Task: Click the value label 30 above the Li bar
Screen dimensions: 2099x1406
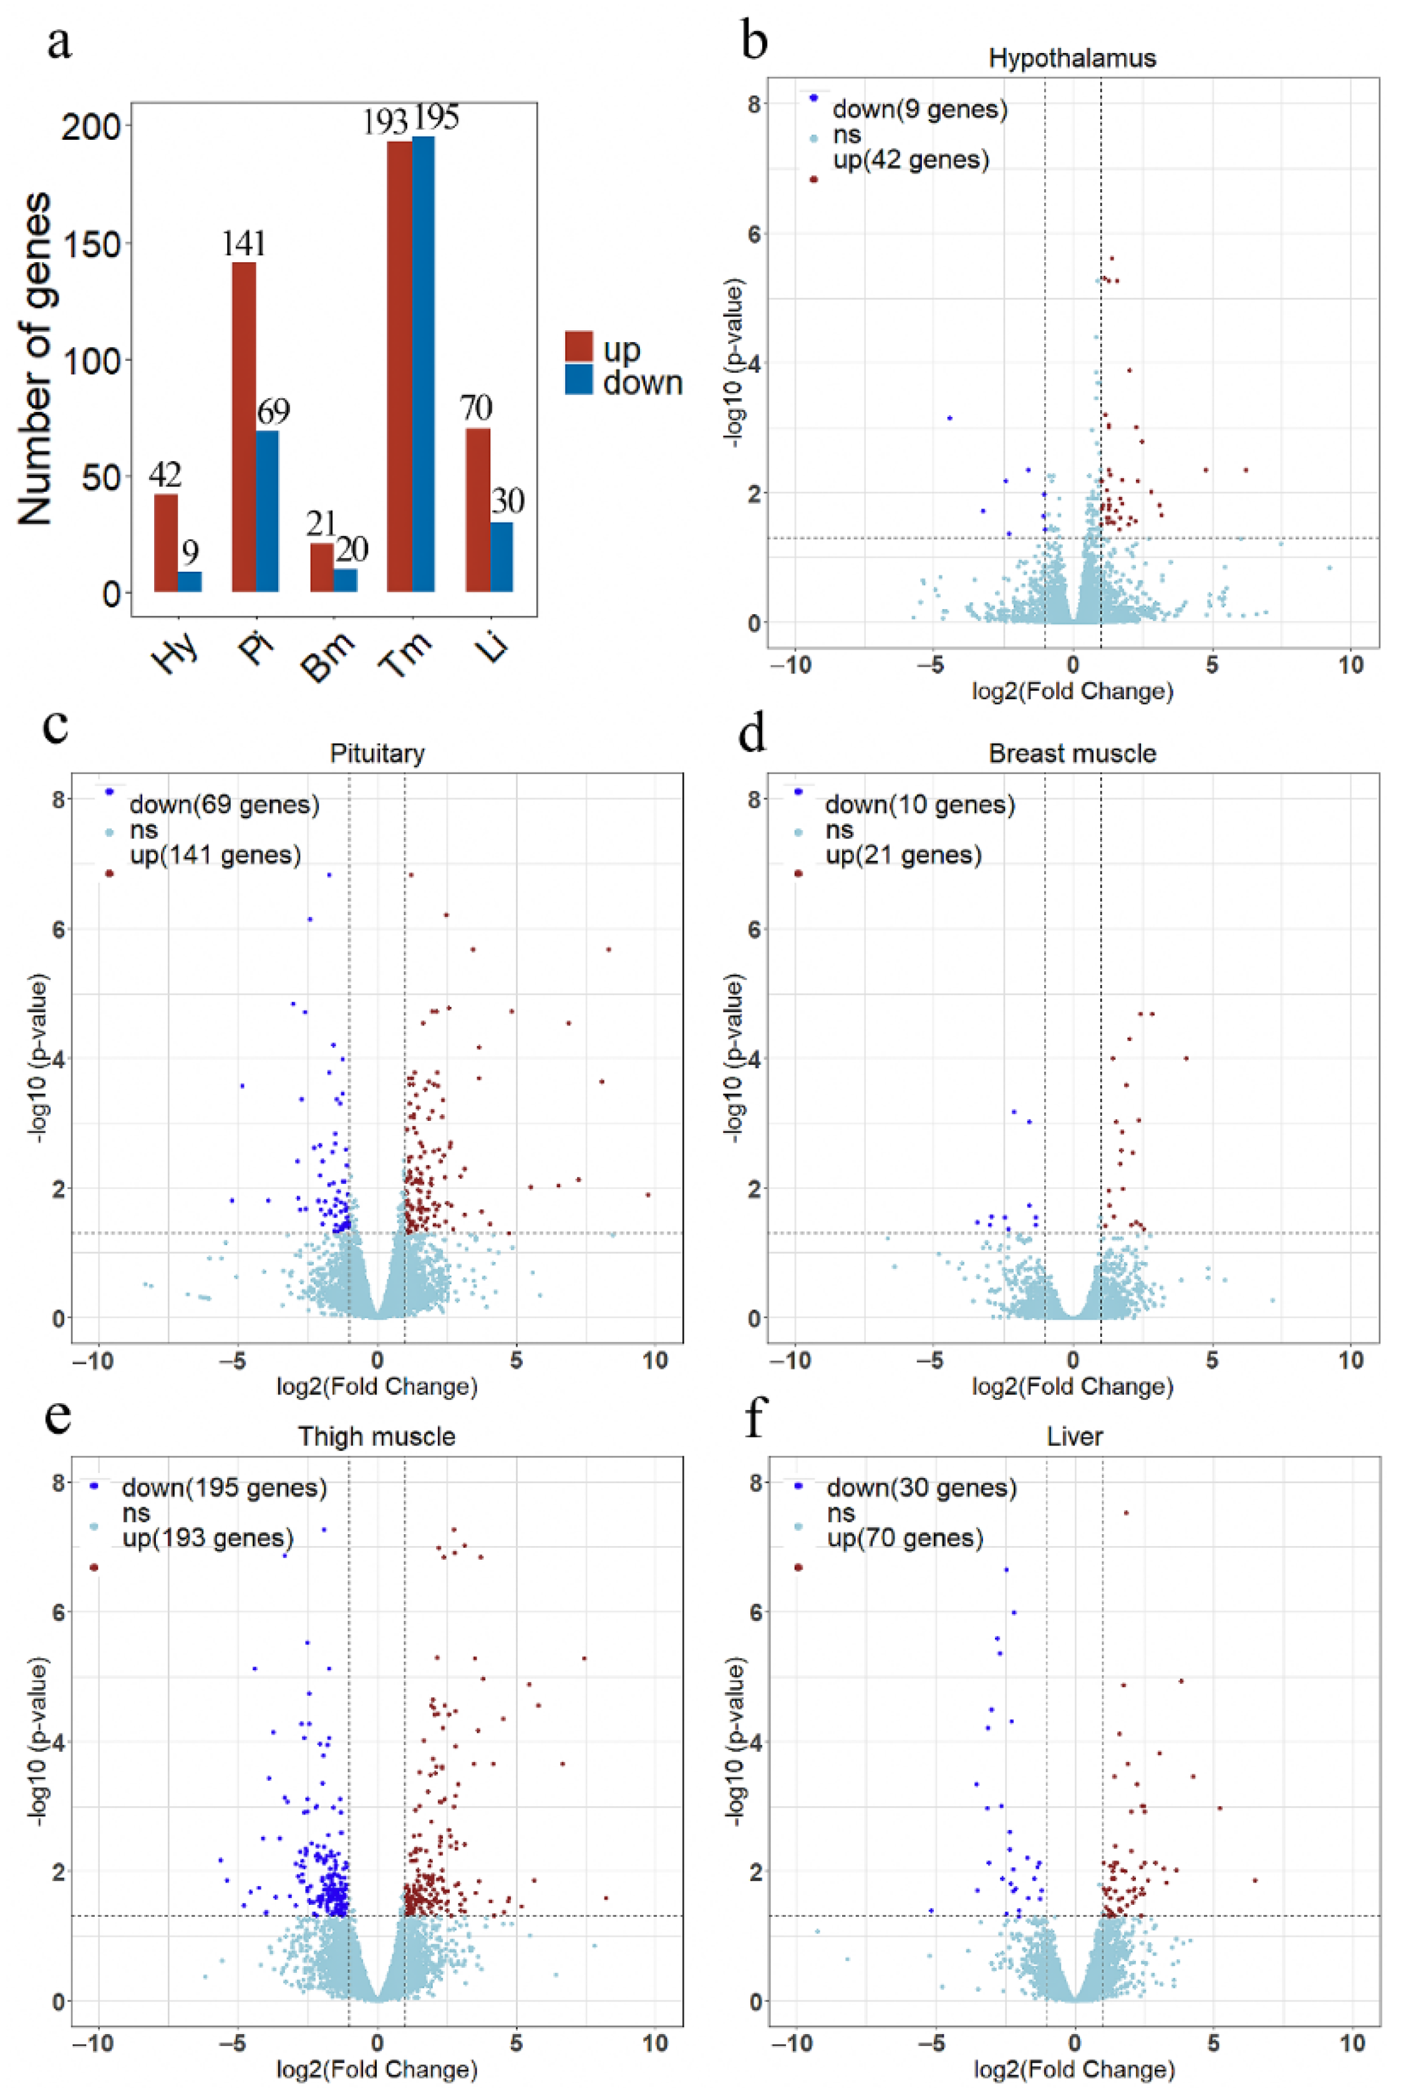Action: point(508,501)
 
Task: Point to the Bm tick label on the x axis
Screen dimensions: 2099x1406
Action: point(328,656)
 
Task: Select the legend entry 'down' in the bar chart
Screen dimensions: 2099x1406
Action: point(642,383)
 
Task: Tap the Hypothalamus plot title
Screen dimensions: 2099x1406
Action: point(1072,58)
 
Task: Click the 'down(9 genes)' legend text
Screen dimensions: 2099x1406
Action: point(919,109)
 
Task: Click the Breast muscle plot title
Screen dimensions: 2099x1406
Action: point(1072,753)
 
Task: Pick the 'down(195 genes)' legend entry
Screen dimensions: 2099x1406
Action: point(223,1487)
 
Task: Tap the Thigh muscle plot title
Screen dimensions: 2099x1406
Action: point(377,1436)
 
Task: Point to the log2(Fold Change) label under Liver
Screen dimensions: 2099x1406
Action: point(1074,2070)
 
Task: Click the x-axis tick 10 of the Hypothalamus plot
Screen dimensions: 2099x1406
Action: point(1350,665)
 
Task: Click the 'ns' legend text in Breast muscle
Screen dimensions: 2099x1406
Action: point(840,829)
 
